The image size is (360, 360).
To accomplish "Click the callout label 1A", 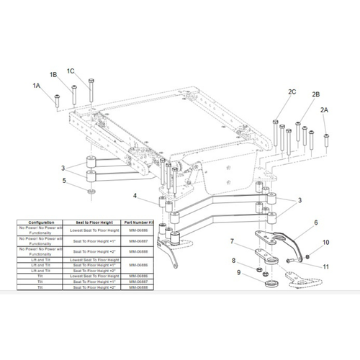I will coord(37,85).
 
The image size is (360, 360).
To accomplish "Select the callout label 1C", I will coord(71,71).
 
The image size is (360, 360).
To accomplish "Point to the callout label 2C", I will coord(292,91).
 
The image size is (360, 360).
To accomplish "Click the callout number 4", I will coord(134,195).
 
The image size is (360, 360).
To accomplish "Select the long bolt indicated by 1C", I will coord(90,89).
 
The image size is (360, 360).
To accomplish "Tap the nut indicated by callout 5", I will coord(90,192).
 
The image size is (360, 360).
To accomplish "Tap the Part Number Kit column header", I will coord(142,222).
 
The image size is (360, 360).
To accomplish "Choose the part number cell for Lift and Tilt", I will coord(142,265).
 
